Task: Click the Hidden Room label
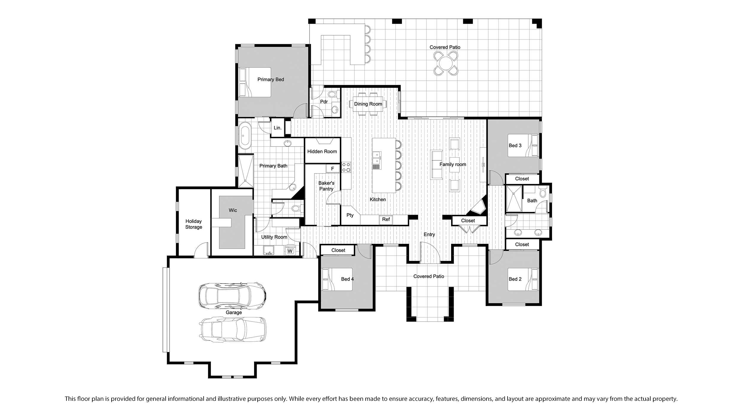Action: [x=322, y=152]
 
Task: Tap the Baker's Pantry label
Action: [x=326, y=186]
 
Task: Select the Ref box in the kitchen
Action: [x=386, y=219]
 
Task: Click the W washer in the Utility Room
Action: [x=290, y=251]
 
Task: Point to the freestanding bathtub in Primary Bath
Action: [x=245, y=136]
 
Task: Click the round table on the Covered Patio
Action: [x=446, y=63]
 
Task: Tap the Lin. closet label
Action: [x=278, y=128]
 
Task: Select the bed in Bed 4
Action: [x=337, y=279]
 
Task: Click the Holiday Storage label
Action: [x=194, y=224]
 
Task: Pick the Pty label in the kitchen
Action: [x=350, y=215]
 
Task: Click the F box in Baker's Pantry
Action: [x=333, y=169]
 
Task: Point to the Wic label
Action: [x=233, y=210]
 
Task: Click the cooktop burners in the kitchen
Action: [x=346, y=167]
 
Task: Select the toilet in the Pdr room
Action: [x=332, y=95]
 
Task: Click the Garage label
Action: [x=234, y=312]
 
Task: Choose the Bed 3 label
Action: [x=515, y=146]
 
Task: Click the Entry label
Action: [x=429, y=235]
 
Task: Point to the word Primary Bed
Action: [x=271, y=79]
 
